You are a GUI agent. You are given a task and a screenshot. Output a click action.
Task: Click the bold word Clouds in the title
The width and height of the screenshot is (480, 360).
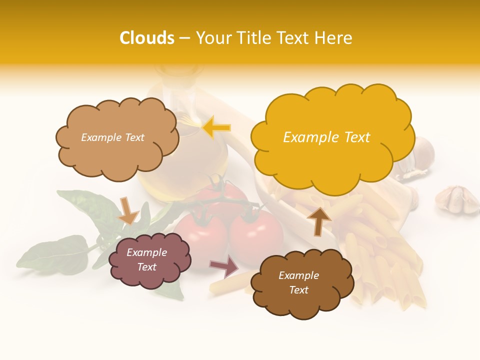coord(146,38)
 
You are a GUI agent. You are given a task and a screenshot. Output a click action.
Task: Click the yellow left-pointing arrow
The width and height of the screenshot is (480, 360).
coord(216,127)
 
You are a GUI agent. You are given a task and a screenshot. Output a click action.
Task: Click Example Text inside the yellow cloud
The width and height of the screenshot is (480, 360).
coord(326,137)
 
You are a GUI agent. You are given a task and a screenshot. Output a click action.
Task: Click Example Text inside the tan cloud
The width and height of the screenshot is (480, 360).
coord(112,137)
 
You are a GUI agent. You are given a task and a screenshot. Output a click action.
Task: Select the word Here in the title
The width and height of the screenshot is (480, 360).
coord(334,38)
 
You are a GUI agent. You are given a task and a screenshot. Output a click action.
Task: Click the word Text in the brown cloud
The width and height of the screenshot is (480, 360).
coord(298,290)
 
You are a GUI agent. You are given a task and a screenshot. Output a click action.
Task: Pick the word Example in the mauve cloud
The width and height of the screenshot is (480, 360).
coord(146,252)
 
